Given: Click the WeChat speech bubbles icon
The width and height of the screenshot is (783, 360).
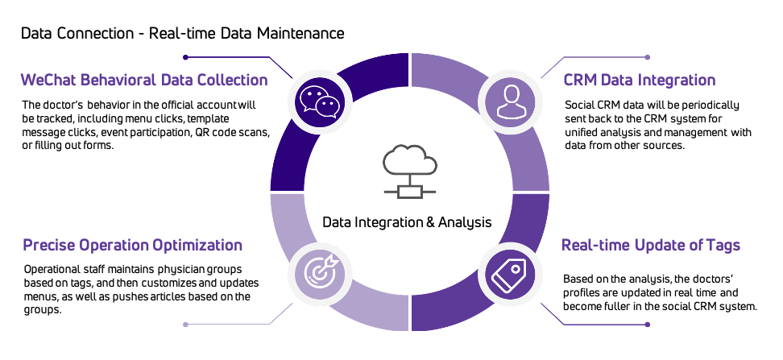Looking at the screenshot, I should coord(316,101).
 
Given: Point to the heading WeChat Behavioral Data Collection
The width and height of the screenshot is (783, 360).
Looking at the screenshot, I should coord(145,81).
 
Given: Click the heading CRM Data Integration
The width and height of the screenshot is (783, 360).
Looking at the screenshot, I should coord(640,81).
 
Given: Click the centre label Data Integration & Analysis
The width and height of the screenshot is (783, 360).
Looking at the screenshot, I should coord(407,221).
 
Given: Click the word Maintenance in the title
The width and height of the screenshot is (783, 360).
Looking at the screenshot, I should coord(304,34).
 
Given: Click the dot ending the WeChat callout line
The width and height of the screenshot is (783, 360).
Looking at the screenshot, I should coord(186,57).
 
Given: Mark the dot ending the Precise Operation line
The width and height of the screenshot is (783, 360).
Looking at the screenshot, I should coord(186,325).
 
